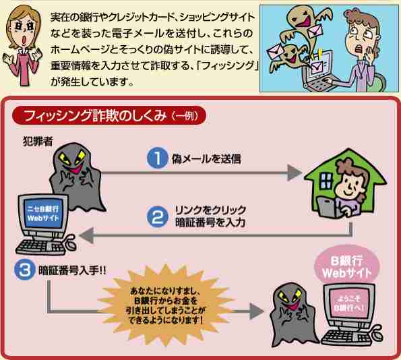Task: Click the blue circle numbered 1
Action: click(158, 158)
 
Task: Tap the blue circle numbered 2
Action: click(158, 216)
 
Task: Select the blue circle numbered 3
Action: click(25, 270)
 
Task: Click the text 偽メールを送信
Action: click(206, 158)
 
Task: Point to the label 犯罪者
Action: click(38, 141)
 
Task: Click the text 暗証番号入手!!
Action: click(72, 270)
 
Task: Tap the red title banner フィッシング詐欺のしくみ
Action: click(109, 115)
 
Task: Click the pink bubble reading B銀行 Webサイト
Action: click(347, 266)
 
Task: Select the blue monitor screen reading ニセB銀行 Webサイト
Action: click(43, 214)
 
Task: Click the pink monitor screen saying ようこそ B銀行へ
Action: click(348, 303)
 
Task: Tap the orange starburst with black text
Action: click(166, 305)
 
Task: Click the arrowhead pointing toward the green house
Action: click(295, 173)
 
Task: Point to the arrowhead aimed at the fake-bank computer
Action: click(87, 235)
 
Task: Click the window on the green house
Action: click(326, 181)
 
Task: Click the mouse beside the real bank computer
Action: click(375, 334)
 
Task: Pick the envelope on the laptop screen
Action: click(317, 66)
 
